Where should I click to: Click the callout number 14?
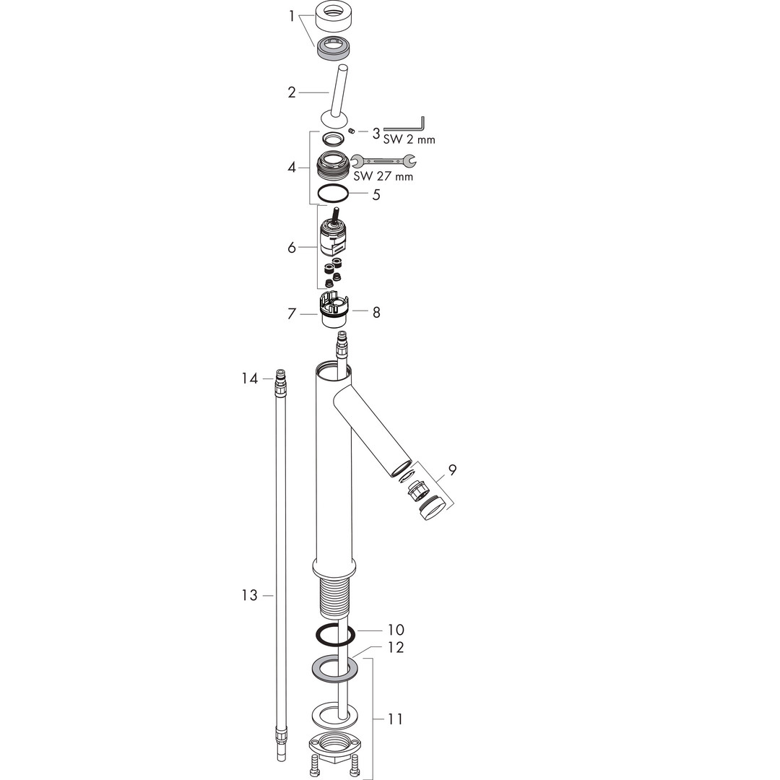point(250,378)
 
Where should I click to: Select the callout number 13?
point(250,595)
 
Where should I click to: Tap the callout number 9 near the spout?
point(452,469)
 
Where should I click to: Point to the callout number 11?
point(395,719)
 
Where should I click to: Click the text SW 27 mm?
point(383,176)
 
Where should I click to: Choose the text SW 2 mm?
point(409,139)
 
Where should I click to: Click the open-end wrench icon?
point(383,160)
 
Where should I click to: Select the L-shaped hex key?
point(404,123)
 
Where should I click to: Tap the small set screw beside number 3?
point(352,131)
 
